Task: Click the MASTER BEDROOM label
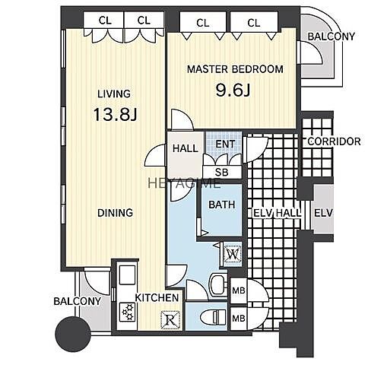(235, 69)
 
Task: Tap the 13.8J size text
(116, 114)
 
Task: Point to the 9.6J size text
(233, 90)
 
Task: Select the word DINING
(115, 213)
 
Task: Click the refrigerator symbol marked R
(171, 320)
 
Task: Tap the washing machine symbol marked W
(232, 253)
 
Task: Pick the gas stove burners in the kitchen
(128, 312)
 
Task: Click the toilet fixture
(213, 317)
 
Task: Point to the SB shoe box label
(221, 173)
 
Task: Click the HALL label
(185, 148)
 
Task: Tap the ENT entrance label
(225, 144)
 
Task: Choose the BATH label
(221, 205)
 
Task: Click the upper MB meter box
(239, 290)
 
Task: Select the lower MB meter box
(239, 318)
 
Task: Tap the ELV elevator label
(323, 213)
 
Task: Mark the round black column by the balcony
(73, 334)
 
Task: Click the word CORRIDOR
(334, 141)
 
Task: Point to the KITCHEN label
(157, 297)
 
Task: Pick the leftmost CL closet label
(105, 21)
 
